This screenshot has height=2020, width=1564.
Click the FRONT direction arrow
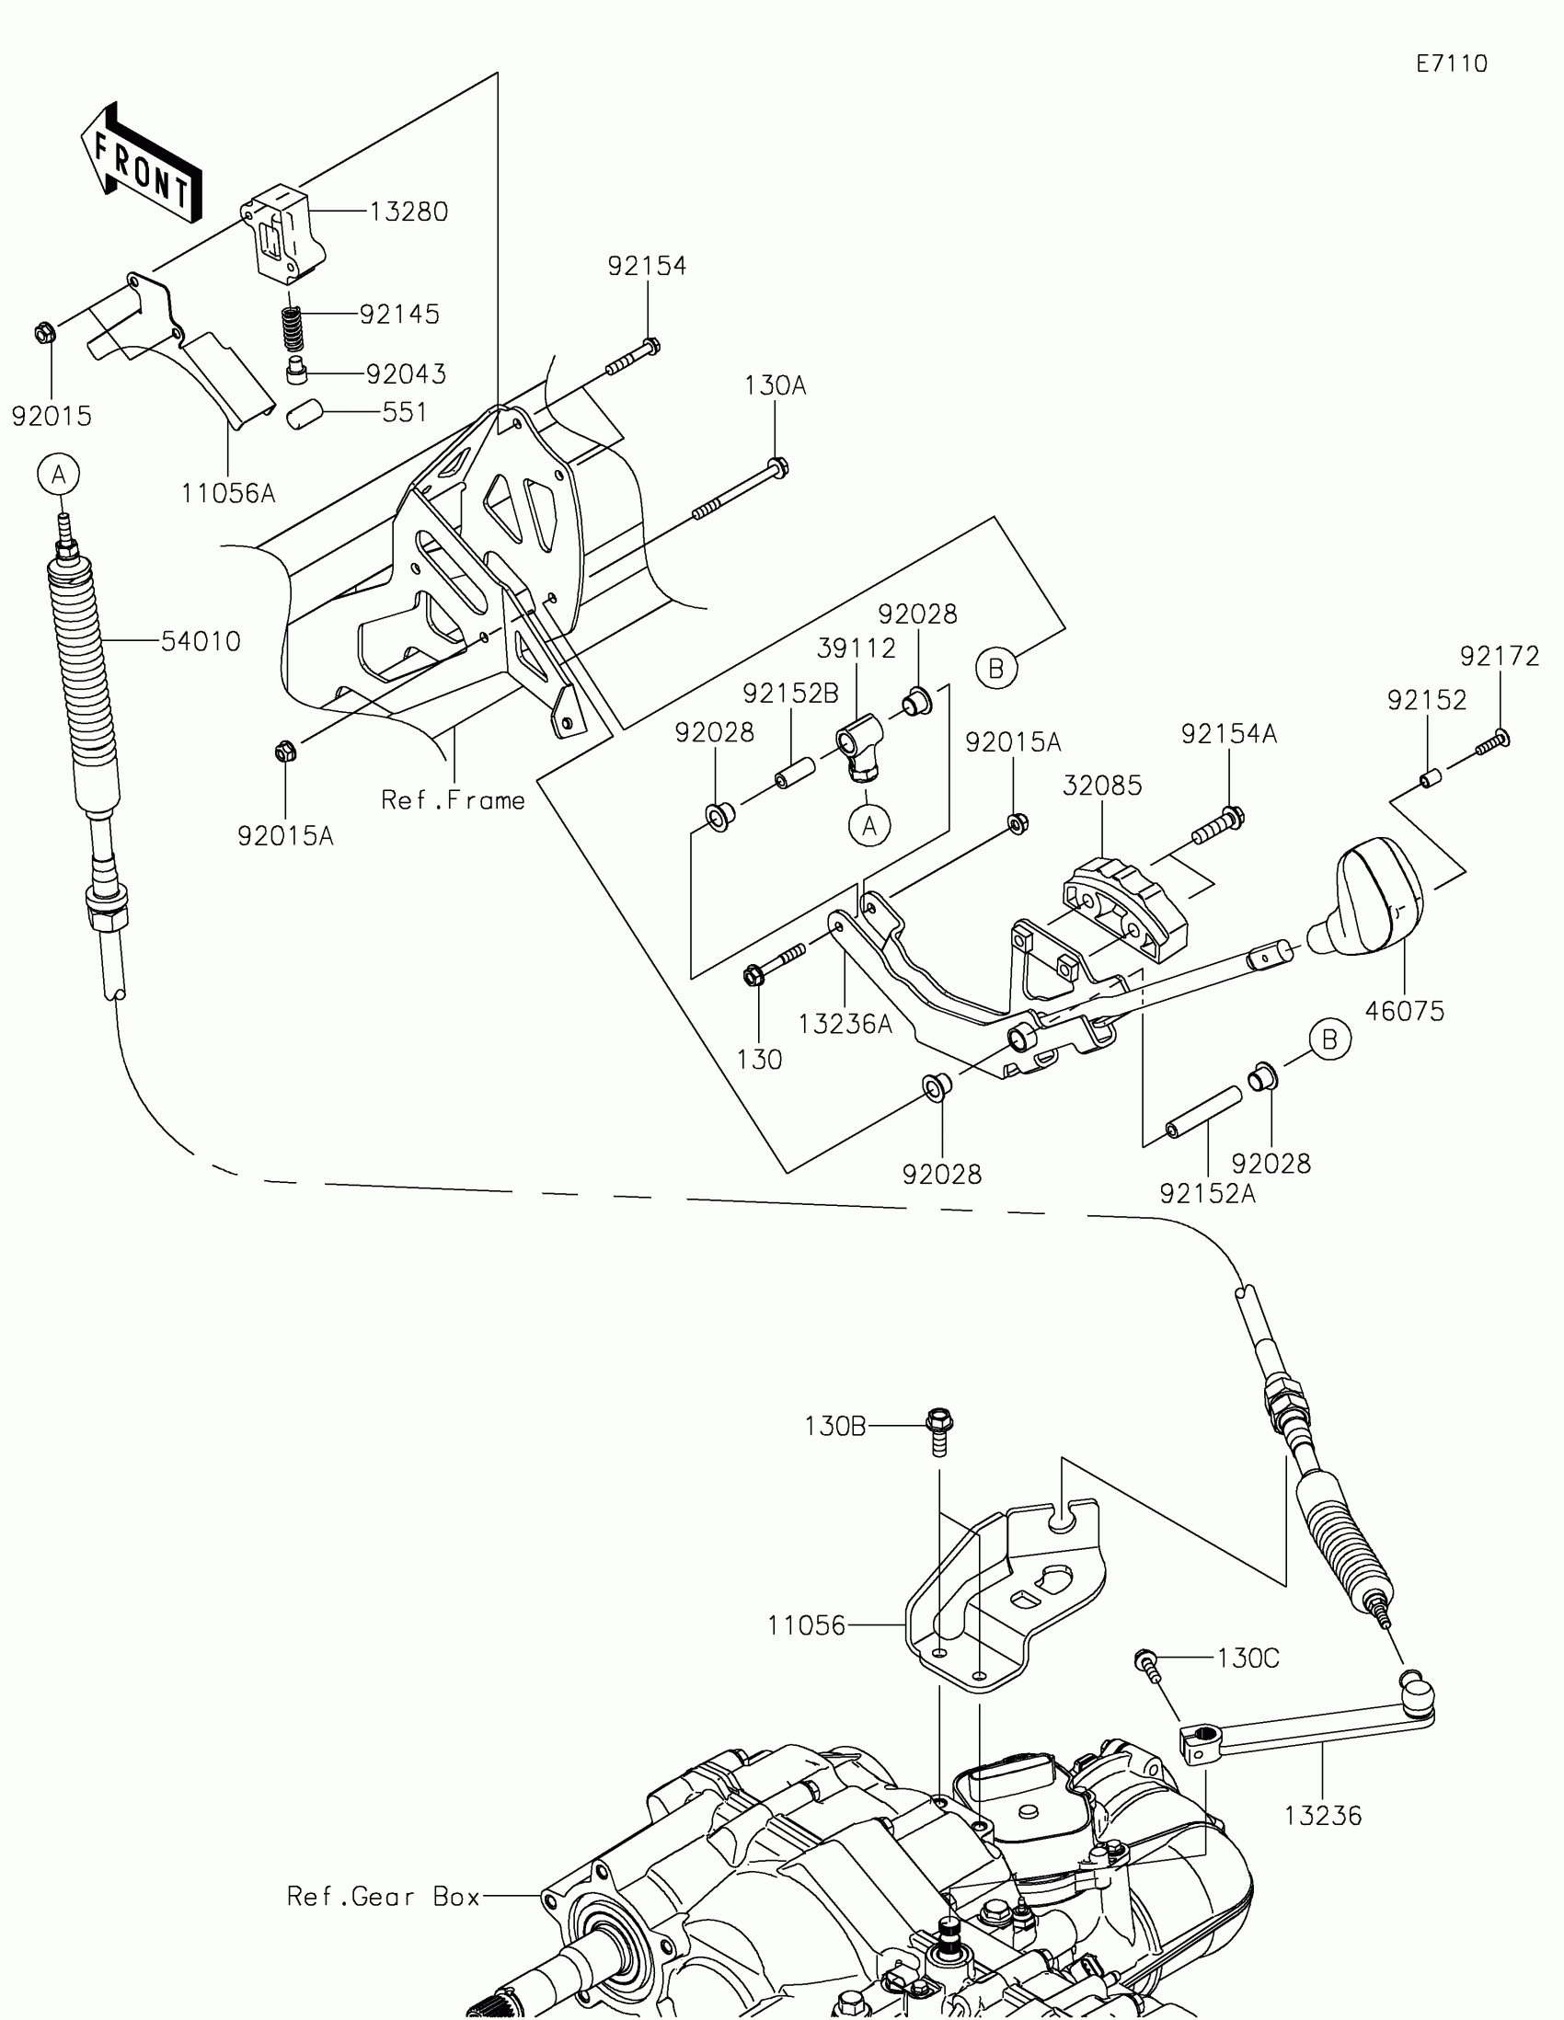point(144,165)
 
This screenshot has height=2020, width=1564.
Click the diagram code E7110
point(1451,63)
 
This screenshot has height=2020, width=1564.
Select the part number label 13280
point(408,212)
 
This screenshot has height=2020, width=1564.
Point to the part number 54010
point(201,641)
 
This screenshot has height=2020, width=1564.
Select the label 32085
point(1101,786)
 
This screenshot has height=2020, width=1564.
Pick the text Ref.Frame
point(454,800)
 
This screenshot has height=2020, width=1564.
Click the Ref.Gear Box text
point(384,1897)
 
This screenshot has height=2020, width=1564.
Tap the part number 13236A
point(845,1024)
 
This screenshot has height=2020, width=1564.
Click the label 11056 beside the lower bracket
point(807,1625)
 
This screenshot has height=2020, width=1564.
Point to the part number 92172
point(1500,656)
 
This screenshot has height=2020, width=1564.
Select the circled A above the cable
point(58,475)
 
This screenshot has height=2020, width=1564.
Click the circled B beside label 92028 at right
point(1329,1040)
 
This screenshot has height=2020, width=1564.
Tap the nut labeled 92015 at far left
point(43,331)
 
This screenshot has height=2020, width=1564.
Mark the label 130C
point(1248,1658)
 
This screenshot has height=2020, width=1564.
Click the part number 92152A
point(1207,1194)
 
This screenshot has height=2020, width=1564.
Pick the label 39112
point(857,648)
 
